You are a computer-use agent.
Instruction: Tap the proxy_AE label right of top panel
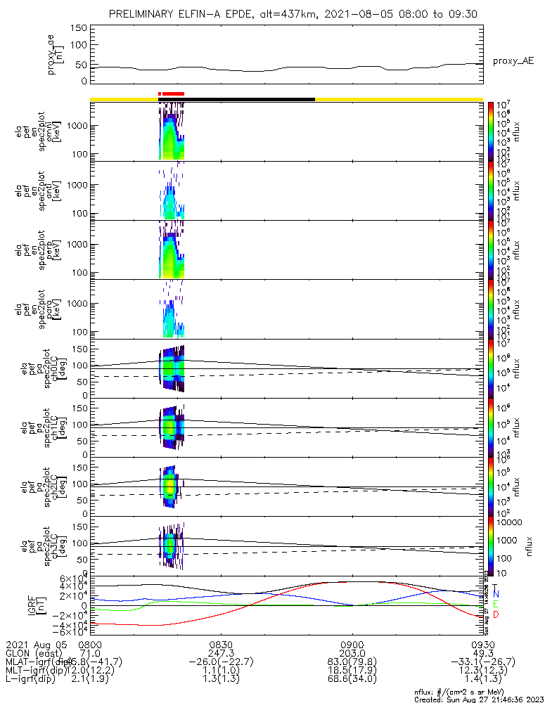[513, 61]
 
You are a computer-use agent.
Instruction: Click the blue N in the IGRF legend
[495, 595]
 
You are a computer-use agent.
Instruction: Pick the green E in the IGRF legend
[495, 604]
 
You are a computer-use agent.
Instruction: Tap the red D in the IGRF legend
[495, 615]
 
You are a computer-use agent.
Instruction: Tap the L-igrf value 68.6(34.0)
[352, 681]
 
